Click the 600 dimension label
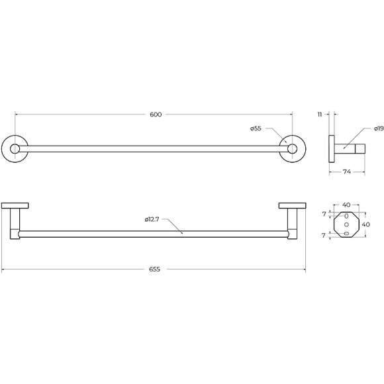click(x=156, y=115)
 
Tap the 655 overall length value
click(x=154, y=269)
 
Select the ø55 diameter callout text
click(x=256, y=128)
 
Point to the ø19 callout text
click(x=379, y=128)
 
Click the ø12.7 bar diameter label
click(x=152, y=219)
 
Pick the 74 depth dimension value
click(x=347, y=172)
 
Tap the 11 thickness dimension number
click(x=320, y=115)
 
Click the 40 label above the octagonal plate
click(x=346, y=205)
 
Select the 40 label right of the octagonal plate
click(x=366, y=224)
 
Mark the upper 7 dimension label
click(x=324, y=214)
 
